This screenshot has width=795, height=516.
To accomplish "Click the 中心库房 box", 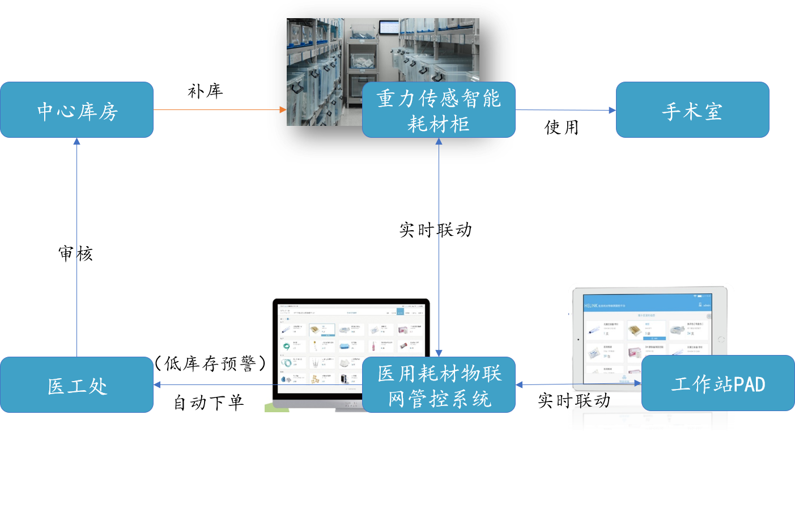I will [x=76, y=110].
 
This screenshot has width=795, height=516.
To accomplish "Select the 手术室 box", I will [x=692, y=110].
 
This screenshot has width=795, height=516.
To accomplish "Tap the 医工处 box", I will [x=76, y=385].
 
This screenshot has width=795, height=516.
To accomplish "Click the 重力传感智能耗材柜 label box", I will [x=439, y=110].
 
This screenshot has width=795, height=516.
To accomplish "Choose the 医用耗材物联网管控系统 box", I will [x=439, y=385].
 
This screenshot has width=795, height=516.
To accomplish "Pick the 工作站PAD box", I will [x=718, y=383].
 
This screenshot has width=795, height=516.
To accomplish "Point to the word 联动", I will [x=593, y=401].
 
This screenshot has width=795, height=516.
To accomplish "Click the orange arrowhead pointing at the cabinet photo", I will [x=283, y=110].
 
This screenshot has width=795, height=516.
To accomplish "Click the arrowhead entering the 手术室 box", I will [x=612, y=110].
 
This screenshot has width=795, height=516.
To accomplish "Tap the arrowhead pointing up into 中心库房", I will [x=76, y=142].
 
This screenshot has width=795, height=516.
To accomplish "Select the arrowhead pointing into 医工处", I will [x=158, y=385].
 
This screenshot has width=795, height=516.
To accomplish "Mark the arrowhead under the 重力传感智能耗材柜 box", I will [x=439, y=142].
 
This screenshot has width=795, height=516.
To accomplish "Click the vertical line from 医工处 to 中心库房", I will [x=76, y=249].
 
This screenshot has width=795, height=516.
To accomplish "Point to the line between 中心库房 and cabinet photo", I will [x=215, y=110].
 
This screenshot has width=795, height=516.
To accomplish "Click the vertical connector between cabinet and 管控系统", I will [x=439, y=244].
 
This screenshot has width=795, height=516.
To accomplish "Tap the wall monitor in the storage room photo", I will [x=389, y=27].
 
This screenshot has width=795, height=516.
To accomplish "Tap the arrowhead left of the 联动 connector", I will [x=520, y=385].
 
